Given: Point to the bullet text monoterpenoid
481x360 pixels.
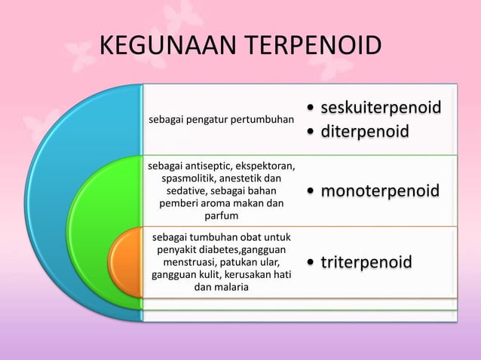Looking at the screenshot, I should pos(379,191).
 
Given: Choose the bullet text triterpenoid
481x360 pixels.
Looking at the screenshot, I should pos(366,262).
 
